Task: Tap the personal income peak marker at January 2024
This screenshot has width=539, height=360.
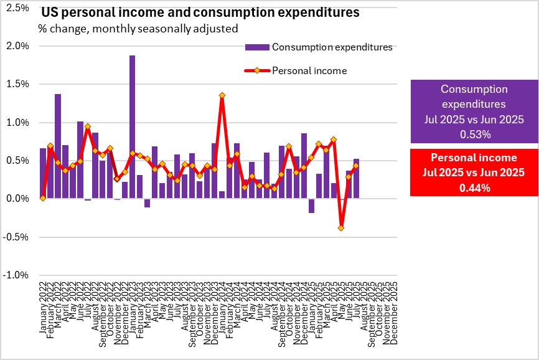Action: [x=222, y=95]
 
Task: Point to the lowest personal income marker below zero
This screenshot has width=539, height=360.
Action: [x=342, y=228]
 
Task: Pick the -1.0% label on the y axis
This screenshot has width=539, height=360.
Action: [x=18, y=275]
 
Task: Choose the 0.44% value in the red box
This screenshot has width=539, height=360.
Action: [x=474, y=184]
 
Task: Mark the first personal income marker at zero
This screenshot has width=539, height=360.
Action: [x=42, y=198]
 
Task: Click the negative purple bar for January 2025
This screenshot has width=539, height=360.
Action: [x=312, y=206]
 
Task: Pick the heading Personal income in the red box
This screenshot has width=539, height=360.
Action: [x=474, y=158]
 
